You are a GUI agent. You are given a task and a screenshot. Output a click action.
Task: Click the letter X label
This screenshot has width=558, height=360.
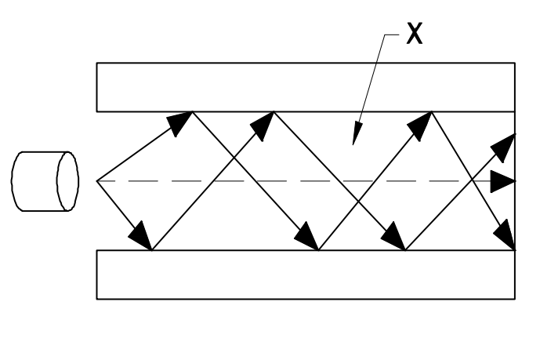click(x=415, y=35)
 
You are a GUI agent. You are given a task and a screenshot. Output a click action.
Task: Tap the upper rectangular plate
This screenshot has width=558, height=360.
click(x=305, y=86)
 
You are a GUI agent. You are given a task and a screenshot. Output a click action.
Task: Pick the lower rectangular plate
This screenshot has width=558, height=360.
click(x=305, y=275)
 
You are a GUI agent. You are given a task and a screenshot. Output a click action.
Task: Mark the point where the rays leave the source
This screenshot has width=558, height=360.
click(x=97, y=181)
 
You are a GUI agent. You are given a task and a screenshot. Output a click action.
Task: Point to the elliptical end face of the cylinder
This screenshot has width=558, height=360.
click(x=68, y=181)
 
